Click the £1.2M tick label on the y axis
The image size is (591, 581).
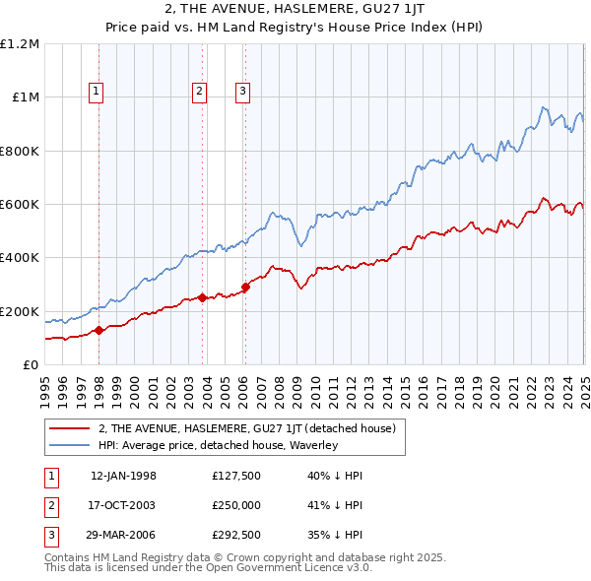(20, 44)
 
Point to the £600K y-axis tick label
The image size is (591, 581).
(20, 205)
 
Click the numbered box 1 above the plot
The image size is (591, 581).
(97, 93)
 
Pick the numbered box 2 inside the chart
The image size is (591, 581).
(199, 93)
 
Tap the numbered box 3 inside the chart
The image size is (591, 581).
(242, 93)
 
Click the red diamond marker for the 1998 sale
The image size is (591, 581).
(98, 331)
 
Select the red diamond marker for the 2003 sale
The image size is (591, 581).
(202, 297)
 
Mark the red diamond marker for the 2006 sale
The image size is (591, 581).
(246, 287)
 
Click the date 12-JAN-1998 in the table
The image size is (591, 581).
(123, 476)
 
